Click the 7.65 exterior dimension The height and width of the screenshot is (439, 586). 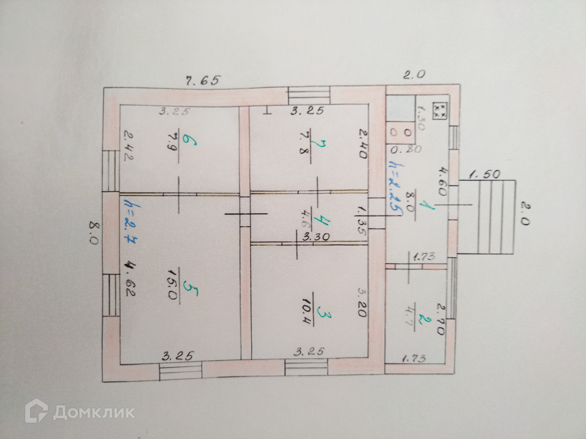click(x=202, y=80)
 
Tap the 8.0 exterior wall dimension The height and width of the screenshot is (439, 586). click(x=94, y=233)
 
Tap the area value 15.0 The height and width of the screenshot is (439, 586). click(x=172, y=289)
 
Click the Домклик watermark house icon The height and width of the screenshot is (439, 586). click(x=36, y=412)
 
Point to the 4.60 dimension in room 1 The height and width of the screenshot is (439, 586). click(x=443, y=183)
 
